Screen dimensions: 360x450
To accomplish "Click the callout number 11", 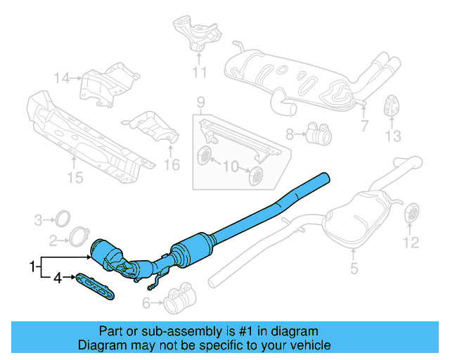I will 200,72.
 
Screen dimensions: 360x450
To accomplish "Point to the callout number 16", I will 172,165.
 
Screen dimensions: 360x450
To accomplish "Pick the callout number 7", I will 364,127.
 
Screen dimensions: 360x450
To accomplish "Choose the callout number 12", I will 411,243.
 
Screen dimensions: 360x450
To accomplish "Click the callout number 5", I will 354,268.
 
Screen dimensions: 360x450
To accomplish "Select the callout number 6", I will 146,303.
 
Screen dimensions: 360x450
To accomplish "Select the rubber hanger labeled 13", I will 392,107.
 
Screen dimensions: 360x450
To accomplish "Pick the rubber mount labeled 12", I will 411,212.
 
